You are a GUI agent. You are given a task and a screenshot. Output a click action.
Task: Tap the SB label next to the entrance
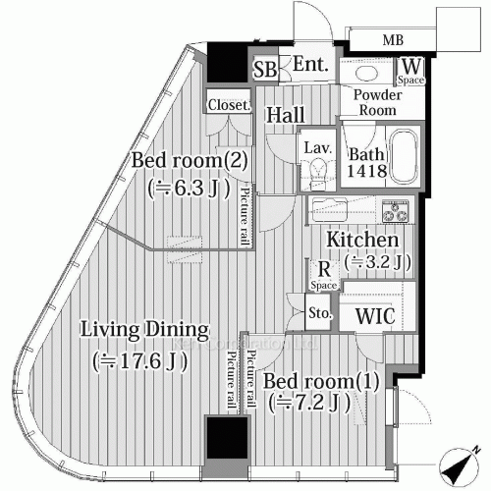click(x=265, y=70)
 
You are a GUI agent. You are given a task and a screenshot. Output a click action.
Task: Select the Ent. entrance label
click(x=311, y=66)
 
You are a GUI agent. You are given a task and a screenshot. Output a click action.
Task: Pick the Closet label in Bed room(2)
click(x=227, y=104)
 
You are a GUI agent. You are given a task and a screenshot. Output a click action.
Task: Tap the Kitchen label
click(x=361, y=240)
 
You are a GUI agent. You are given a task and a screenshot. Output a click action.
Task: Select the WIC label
click(x=374, y=317)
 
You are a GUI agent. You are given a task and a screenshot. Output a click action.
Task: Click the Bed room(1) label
click(x=307, y=380)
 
